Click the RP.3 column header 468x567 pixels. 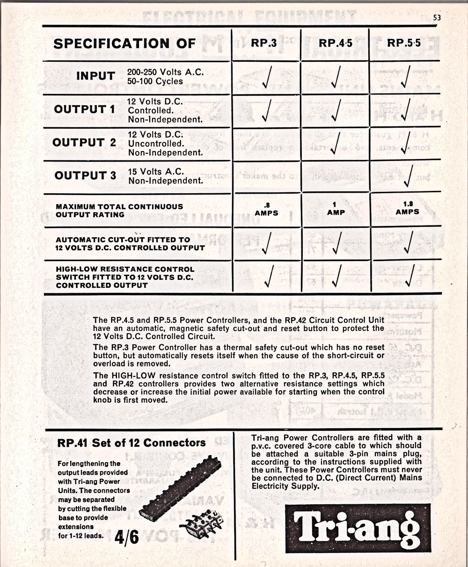tap(263, 43)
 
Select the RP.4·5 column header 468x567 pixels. tap(336, 44)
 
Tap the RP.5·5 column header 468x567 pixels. tap(404, 44)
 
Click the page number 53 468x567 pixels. tap(437, 18)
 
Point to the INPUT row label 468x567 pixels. tap(95, 76)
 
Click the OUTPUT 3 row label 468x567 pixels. tap(85, 176)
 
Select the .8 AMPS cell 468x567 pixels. tap(267, 209)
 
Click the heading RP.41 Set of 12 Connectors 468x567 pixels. tap(131, 443)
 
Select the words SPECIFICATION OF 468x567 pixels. tap(124, 44)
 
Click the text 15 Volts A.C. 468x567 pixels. tap(156, 172)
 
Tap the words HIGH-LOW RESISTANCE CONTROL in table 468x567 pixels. tap(125, 269)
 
